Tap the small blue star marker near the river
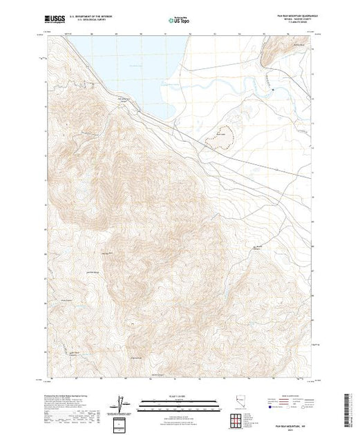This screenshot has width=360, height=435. [x=274, y=89]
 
